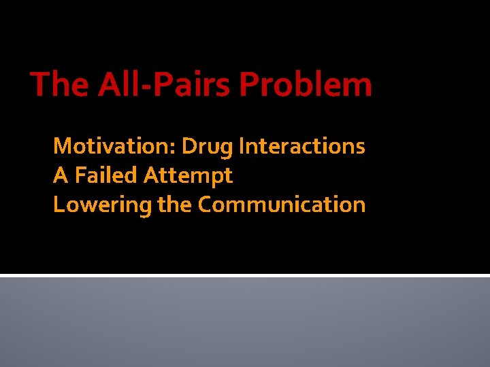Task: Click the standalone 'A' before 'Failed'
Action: tap(61, 176)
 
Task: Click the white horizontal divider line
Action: tap(245, 275)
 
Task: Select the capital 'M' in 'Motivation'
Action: tap(62, 146)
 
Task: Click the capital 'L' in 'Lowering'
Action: tap(59, 205)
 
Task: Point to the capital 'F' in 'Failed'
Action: tap(80, 176)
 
